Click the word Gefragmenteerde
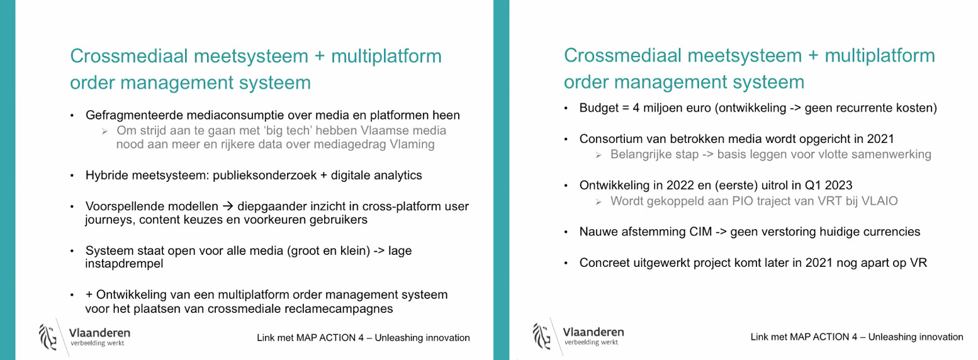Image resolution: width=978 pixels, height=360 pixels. [135, 116]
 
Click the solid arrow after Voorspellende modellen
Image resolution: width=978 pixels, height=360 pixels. [228, 206]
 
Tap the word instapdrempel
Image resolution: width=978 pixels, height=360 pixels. [124, 264]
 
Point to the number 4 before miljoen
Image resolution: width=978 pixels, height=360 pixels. [636, 108]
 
